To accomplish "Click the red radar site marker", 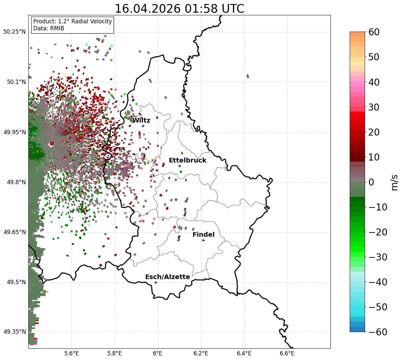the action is (52, 143).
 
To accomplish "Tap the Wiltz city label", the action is (141, 120).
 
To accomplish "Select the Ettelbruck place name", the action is (188, 160).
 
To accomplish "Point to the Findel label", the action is (203, 234).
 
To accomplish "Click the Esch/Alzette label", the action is (168, 277).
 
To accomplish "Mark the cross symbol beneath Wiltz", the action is (143, 126).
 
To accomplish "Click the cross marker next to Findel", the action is (203, 240).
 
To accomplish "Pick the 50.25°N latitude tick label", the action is (14, 32).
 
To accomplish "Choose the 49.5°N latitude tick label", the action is (16, 282).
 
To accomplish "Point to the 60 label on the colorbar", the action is (374, 32).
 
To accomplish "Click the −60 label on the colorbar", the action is (378, 332).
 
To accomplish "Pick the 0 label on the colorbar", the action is (371, 182).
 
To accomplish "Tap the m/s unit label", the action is (394, 182).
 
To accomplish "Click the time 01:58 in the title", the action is (201, 9).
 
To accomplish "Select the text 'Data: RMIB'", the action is (49, 28).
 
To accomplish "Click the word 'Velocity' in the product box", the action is (100, 21).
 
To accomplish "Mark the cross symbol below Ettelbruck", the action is (180, 166).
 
